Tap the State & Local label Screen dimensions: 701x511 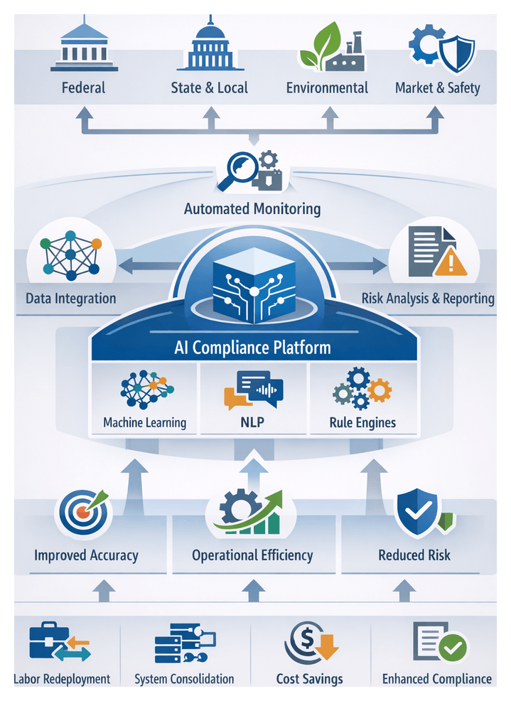(x=210, y=88)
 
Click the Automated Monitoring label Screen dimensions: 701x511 (x=252, y=209)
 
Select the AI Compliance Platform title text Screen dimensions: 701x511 (x=252, y=348)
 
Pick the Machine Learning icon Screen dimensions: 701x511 (x=146, y=390)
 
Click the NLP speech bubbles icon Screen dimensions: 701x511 (x=253, y=390)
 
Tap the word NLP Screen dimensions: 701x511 (x=253, y=422)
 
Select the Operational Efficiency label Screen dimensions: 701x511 (x=252, y=555)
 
